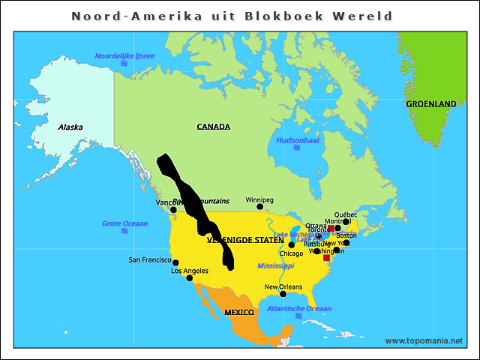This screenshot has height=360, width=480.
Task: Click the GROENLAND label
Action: click(x=431, y=103)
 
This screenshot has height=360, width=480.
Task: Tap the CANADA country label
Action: click(x=213, y=127)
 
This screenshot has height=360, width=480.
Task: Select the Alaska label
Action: click(x=70, y=127)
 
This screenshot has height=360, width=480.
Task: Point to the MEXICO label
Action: click(x=239, y=311)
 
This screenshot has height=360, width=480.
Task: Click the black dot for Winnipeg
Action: click(x=260, y=207)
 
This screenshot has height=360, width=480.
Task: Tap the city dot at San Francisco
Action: click(x=175, y=262)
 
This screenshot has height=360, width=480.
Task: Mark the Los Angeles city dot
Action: click(x=189, y=278)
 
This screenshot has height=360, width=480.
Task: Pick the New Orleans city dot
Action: click(x=283, y=294)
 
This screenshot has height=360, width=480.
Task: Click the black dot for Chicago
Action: click(x=292, y=245)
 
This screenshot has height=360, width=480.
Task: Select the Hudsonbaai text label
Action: click(x=298, y=140)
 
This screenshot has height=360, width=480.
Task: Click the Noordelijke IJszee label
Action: click(x=124, y=57)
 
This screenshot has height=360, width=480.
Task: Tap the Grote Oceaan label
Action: click(x=125, y=223)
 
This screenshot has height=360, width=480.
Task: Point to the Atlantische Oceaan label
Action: click(x=299, y=308)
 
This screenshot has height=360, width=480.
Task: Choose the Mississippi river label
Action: click(x=276, y=266)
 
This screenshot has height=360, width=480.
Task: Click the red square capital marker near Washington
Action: click(x=326, y=258)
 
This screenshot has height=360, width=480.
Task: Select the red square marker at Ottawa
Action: click(x=331, y=228)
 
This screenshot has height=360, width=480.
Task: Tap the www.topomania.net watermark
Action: click(x=424, y=340)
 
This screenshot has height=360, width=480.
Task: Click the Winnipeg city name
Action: click(x=259, y=200)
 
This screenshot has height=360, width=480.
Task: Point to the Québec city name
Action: click(x=346, y=214)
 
